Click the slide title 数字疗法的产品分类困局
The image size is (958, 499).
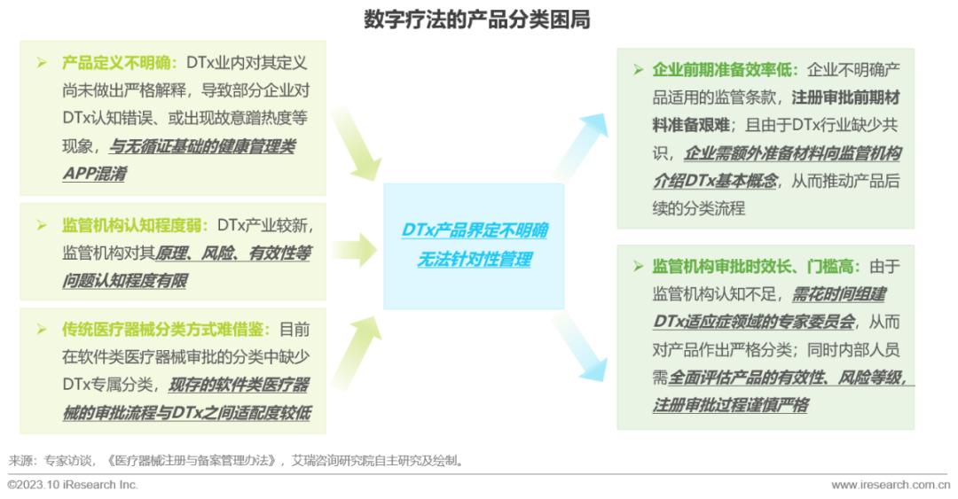(x=478, y=19)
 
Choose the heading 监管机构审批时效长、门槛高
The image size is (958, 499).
(x=751, y=266)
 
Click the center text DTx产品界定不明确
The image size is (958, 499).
(x=474, y=231)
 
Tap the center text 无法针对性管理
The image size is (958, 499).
(x=474, y=260)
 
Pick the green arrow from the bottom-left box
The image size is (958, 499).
(x=355, y=350)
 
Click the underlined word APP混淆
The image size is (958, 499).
(x=94, y=174)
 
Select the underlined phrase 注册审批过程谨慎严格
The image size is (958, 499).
(x=730, y=405)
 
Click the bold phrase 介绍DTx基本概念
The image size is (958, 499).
(x=715, y=181)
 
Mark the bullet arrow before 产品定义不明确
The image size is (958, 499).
(x=42, y=64)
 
